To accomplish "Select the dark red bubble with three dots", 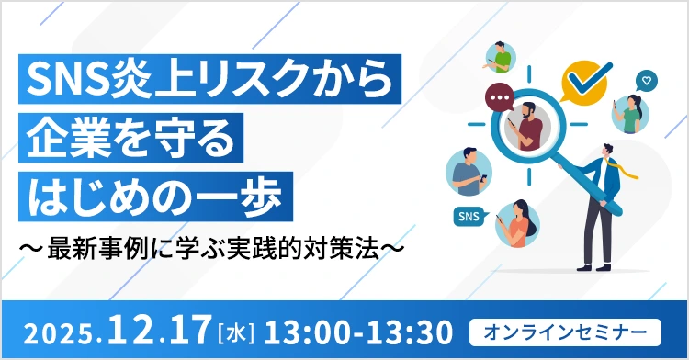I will pos(501,96).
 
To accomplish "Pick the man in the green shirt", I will pos(502,57).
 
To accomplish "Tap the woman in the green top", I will pos(631,114).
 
